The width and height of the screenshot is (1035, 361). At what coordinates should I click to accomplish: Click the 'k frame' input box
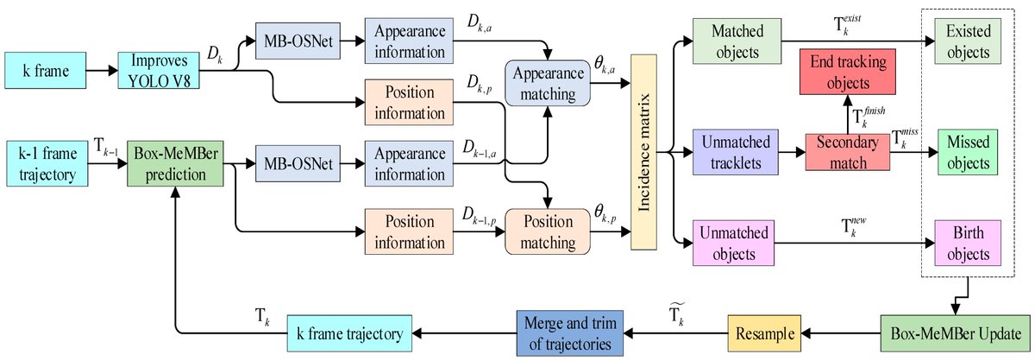click(x=45, y=70)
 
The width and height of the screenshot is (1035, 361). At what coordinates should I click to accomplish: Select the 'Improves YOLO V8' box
click(x=159, y=70)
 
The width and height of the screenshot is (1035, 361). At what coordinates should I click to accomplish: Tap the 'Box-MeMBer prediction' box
click(x=176, y=164)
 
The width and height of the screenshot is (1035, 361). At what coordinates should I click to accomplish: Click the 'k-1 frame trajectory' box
click(x=47, y=164)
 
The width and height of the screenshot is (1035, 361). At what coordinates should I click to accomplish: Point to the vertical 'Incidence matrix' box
click(x=643, y=152)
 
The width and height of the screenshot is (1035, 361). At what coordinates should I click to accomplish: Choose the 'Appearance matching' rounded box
click(x=548, y=83)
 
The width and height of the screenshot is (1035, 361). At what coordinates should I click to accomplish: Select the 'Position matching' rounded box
click(x=548, y=231)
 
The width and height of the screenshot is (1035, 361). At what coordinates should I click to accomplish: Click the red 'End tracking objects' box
click(x=848, y=72)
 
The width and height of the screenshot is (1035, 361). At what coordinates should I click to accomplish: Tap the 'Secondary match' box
click(x=848, y=152)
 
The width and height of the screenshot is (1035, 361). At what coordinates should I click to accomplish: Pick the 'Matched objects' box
click(x=737, y=41)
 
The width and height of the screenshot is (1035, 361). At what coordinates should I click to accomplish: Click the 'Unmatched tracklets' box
click(x=736, y=152)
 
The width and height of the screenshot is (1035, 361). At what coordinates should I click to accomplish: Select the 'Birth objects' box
click(x=968, y=243)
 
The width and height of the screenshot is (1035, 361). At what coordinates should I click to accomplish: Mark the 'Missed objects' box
click(x=968, y=152)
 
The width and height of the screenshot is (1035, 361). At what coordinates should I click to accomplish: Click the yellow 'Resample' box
click(x=764, y=333)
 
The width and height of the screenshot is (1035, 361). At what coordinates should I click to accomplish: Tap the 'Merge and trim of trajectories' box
click(x=570, y=333)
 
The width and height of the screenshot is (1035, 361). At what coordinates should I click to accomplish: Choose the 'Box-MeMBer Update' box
click(x=956, y=333)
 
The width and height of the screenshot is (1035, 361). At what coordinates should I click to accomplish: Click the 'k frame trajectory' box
click(x=349, y=333)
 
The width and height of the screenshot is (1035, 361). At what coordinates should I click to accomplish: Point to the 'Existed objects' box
click(x=968, y=41)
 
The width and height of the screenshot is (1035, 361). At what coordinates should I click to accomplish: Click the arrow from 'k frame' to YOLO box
click(x=102, y=70)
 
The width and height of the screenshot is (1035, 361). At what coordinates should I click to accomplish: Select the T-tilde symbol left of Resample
click(x=676, y=313)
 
